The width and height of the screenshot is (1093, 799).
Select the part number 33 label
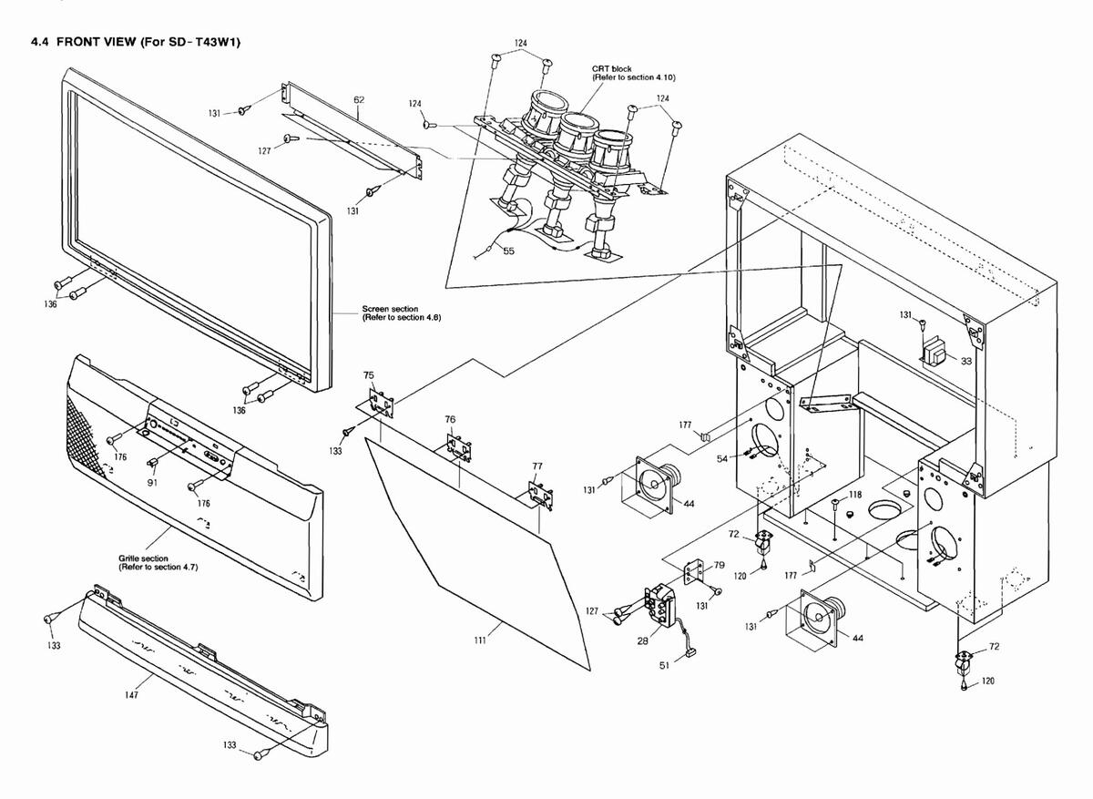tap(966, 361)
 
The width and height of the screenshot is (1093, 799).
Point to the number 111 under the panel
tap(480, 640)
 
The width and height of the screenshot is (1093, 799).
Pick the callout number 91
tap(152, 482)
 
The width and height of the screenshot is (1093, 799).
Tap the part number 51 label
tap(664, 665)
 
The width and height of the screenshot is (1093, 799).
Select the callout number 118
tap(855, 495)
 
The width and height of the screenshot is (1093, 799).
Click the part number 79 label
tap(719, 565)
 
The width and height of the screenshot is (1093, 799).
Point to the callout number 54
tap(721, 457)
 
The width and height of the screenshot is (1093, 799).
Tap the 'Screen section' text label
tap(390, 309)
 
